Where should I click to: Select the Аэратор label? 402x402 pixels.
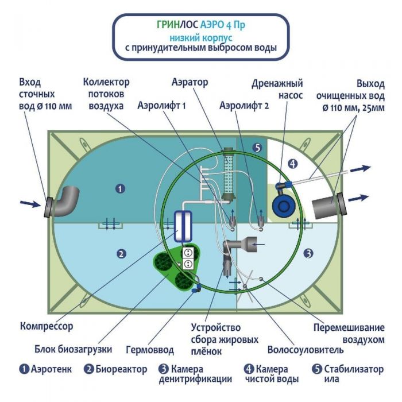[190, 82]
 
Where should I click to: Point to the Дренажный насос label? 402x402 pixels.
[277, 90]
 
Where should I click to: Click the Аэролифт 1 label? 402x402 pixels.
[163, 106]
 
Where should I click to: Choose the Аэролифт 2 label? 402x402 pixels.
[244, 106]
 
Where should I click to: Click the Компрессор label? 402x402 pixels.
[47, 327]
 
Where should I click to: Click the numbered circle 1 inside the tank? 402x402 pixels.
[120, 188]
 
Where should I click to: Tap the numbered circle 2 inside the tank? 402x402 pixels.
[121, 253]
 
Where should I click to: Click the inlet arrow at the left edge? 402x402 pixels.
[27, 202]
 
